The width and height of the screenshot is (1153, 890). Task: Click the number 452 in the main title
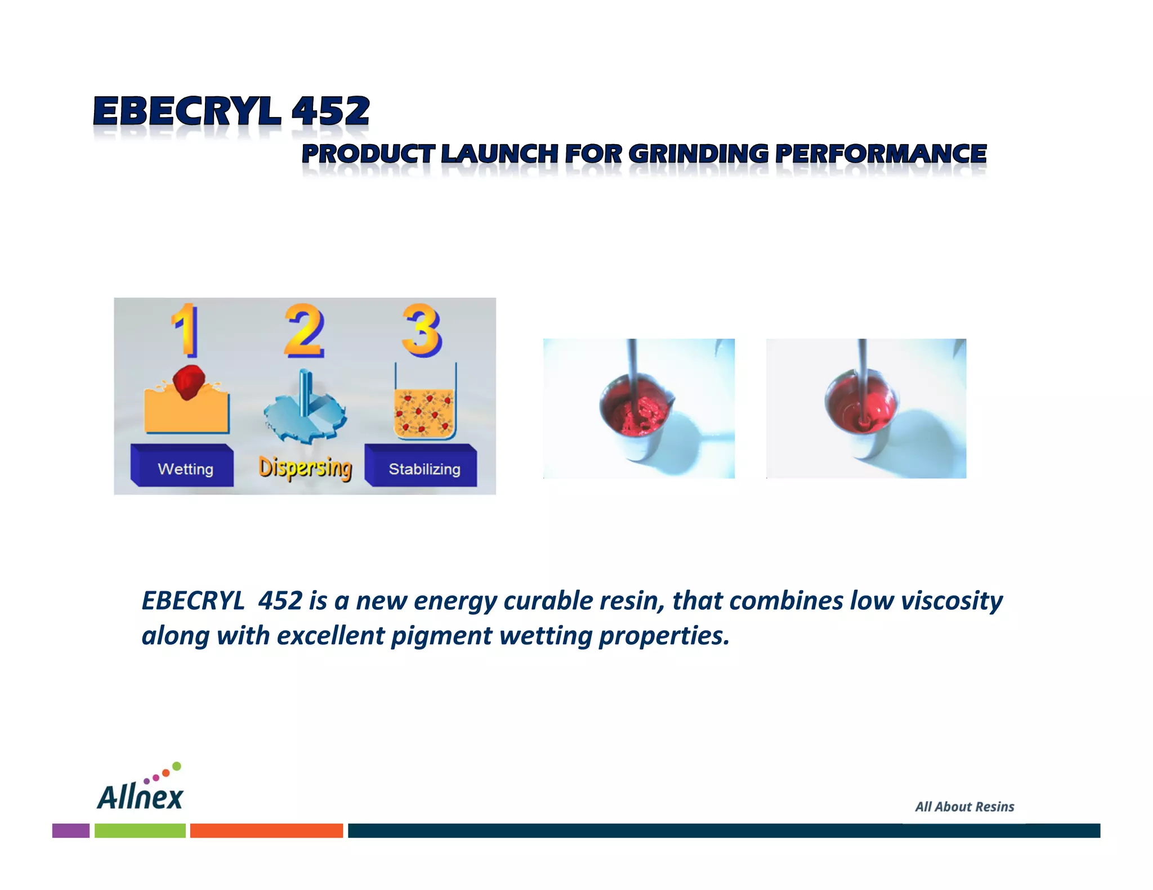pos(330,111)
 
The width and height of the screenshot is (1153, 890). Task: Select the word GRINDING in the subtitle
pos(698,154)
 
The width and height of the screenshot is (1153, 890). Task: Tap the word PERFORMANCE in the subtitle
pos(881,154)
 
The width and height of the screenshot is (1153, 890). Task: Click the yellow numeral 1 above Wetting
pos(185,330)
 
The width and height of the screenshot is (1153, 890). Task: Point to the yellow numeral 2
pos(304,330)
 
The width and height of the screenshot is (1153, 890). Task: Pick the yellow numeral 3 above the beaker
pos(422,330)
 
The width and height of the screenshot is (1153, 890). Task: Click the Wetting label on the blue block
pos(185,469)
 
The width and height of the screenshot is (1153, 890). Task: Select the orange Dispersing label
pos(305,468)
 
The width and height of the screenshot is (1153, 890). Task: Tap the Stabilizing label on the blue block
pos(424,469)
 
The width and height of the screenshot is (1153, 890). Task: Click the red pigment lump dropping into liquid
pos(188,381)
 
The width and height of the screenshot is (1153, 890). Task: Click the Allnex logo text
pos(140,796)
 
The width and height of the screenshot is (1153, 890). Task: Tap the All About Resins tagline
pos(964,807)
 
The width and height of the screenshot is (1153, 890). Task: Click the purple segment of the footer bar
pos(71,830)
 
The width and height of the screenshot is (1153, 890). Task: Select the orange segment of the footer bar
pos(266,830)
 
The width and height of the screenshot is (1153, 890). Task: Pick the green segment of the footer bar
pos(140,830)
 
